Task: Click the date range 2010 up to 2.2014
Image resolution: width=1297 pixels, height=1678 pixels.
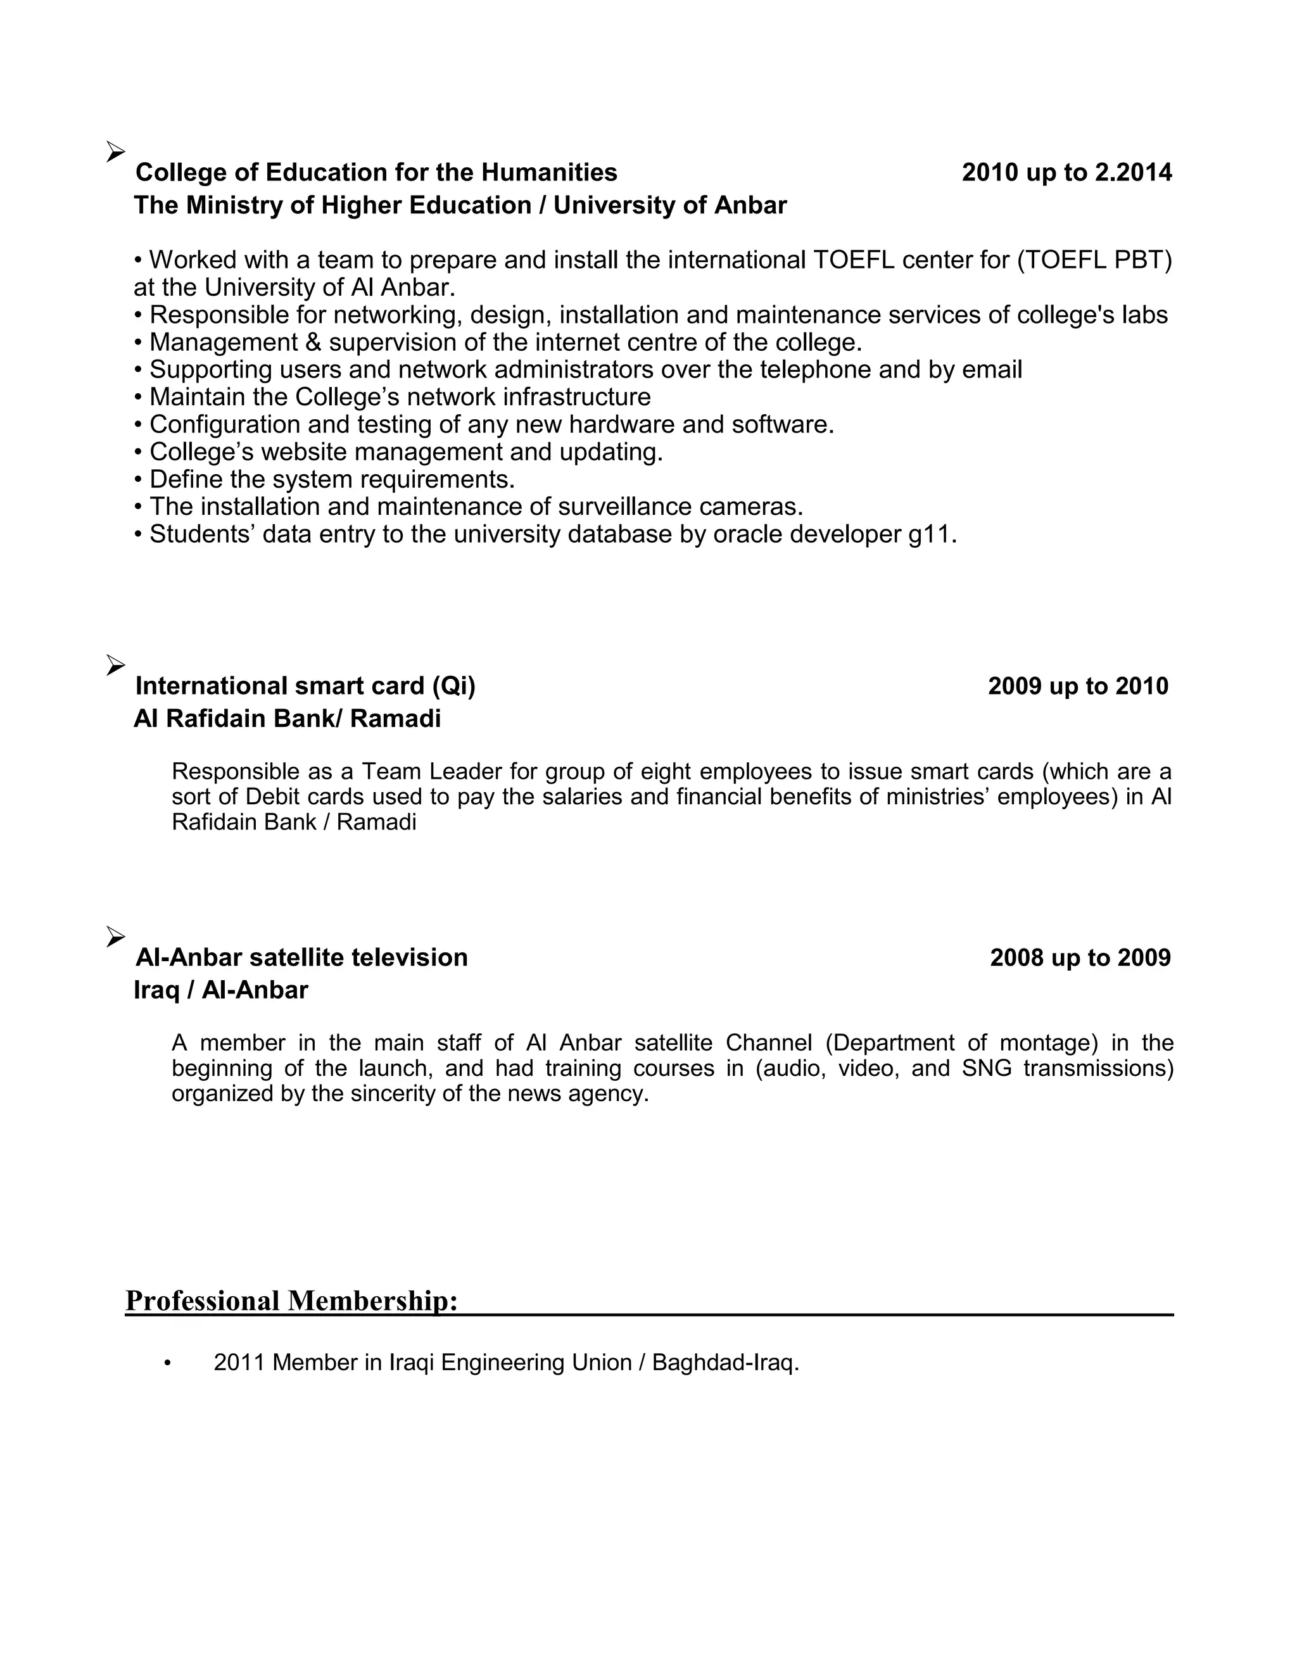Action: click(x=1066, y=172)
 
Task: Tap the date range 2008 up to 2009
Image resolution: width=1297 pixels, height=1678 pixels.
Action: click(x=1080, y=957)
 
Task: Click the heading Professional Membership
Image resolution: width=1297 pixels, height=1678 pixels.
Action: click(x=291, y=1300)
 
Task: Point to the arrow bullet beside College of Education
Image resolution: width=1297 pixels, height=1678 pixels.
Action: click(x=115, y=151)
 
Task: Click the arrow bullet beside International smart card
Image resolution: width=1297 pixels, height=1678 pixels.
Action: click(x=115, y=665)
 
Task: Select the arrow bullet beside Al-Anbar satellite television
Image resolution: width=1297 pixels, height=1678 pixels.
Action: click(x=115, y=937)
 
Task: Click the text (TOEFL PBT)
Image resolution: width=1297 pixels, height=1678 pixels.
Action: click(x=1094, y=260)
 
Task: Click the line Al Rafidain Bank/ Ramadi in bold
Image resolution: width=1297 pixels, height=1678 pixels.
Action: click(x=287, y=719)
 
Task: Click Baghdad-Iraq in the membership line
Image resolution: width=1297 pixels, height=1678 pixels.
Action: click(x=724, y=1362)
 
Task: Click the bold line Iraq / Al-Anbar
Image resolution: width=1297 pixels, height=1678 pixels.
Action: click(x=220, y=990)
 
